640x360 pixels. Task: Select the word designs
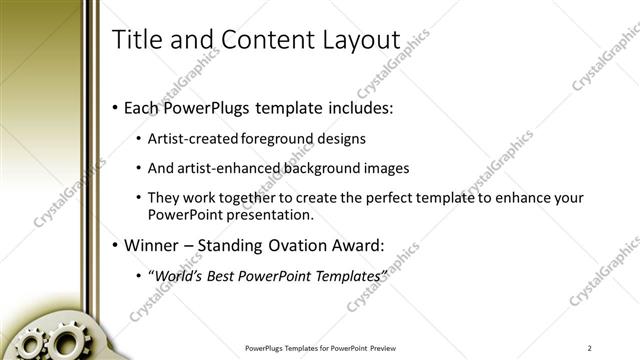[x=340, y=139]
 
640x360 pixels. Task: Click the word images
[x=387, y=168]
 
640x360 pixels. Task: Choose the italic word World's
[x=176, y=275]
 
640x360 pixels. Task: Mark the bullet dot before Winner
[x=115, y=245]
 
